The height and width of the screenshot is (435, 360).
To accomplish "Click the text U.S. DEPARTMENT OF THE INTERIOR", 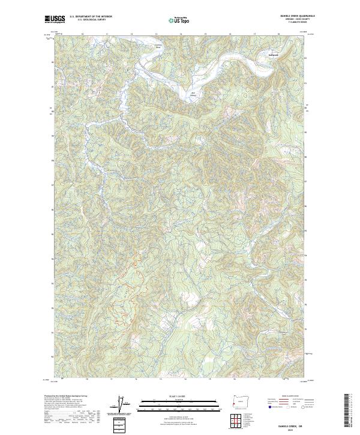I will click(91, 16).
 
